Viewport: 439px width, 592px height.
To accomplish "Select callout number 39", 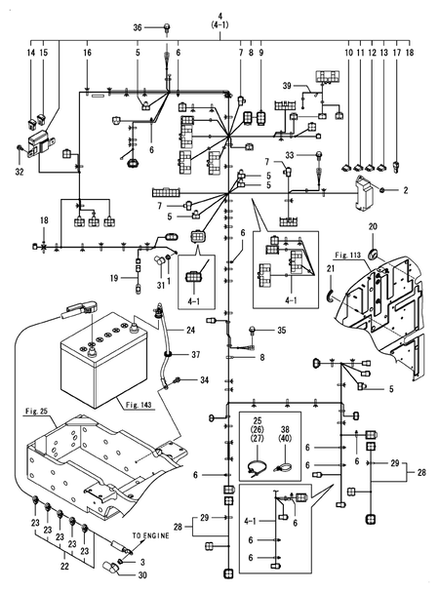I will pos(288,88).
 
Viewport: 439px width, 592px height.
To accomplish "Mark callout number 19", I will pos(113,279).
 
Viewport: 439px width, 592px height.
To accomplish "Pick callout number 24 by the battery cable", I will pos(191,330).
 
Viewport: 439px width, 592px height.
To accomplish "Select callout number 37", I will pos(195,354).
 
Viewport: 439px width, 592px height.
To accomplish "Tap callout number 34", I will pos(205,379).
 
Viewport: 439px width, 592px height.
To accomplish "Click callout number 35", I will pos(281,332).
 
